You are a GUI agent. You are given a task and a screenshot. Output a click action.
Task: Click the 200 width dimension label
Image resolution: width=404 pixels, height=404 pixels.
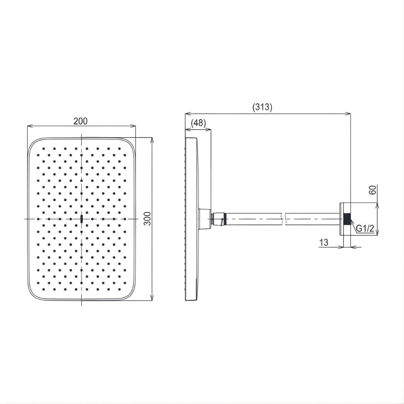(81, 121)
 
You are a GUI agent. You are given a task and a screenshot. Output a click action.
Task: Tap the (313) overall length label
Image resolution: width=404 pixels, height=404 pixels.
(262, 107)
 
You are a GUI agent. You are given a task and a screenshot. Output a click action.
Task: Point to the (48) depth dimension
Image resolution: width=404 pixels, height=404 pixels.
(198, 123)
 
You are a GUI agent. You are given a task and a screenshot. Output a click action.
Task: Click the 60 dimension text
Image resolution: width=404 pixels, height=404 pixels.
(371, 190)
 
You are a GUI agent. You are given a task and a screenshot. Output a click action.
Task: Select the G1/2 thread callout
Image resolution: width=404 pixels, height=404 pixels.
(365, 229)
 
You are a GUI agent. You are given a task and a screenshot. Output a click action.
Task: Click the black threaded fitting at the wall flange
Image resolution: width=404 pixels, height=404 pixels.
(347, 219)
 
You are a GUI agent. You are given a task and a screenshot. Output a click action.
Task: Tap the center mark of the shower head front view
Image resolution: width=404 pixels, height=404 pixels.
(81, 219)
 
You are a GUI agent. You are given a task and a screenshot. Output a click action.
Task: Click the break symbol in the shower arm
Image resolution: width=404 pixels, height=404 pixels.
(283, 219)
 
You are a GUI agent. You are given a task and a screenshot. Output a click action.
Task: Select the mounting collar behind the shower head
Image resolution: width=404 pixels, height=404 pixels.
(204, 219)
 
